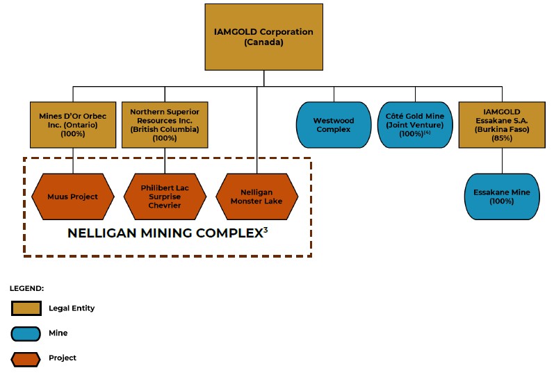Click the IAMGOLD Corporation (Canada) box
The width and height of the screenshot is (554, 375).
264,37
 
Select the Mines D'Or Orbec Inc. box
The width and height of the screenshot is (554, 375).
73,125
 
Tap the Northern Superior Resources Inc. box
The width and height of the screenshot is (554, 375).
165,125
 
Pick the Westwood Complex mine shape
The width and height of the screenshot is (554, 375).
334,125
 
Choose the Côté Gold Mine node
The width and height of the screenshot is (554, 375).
414,125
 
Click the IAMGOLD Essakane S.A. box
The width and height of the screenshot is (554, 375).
502,125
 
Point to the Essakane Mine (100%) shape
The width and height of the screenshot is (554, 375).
502,197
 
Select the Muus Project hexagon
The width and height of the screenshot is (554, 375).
73,197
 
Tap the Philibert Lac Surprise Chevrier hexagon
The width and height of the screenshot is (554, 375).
165,197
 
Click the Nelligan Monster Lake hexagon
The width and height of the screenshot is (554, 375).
258,197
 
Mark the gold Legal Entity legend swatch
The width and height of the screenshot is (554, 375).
25,308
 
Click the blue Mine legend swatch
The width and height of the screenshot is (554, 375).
25,333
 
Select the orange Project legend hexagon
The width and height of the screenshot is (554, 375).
25,358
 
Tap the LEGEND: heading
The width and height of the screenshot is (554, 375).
27,287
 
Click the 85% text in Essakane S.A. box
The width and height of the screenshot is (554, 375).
502,138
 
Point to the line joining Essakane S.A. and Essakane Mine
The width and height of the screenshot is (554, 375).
502,160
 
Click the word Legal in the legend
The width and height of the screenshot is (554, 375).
58,308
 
